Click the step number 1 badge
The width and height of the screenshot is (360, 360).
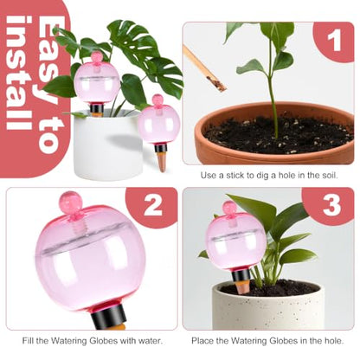click(x=334, y=42)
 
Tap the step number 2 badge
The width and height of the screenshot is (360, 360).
click(x=153, y=206)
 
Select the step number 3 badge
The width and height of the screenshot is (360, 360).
click(x=331, y=206)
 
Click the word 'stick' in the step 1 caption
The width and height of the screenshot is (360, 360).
click(x=235, y=175)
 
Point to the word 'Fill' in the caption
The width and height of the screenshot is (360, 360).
click(x=29, y=341)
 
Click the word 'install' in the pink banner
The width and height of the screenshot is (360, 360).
click(x=19, y=73)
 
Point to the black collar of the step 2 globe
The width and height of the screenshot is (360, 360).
click(x=110, y=316)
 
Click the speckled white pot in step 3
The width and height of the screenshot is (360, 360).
click(x=267, y=306)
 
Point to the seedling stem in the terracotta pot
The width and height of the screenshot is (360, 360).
click(x=273, y=93)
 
